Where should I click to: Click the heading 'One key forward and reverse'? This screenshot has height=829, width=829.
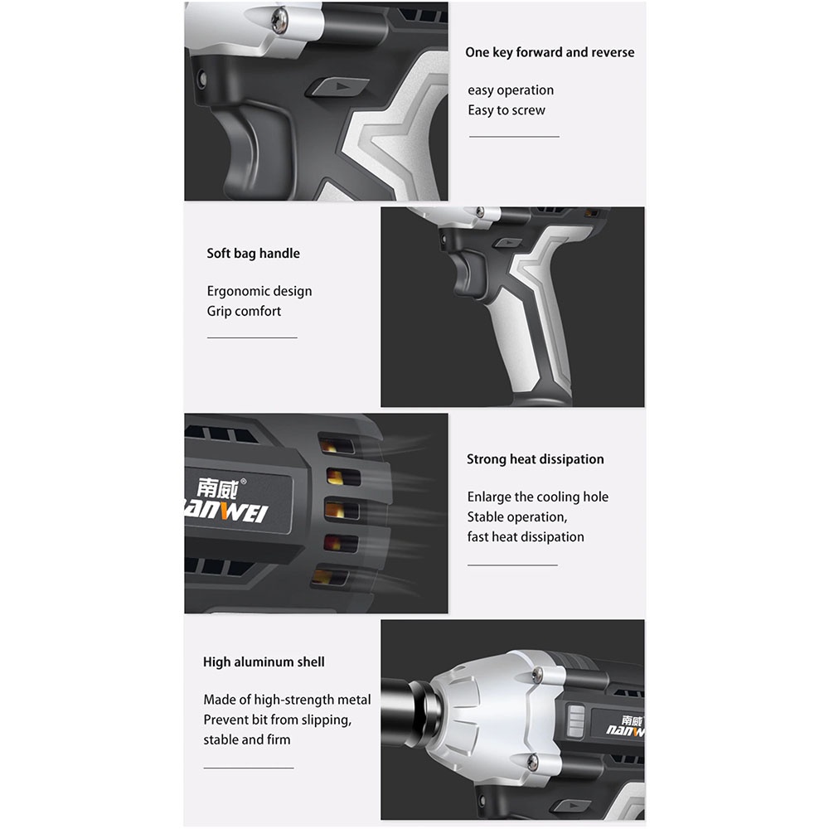550,52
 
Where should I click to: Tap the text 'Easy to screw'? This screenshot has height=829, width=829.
506,110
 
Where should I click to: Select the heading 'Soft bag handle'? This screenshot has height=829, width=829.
253,253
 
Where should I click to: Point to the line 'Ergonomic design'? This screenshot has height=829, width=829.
259,291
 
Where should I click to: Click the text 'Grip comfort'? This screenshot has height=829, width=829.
244,311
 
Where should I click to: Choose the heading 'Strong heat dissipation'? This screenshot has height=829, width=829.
535,459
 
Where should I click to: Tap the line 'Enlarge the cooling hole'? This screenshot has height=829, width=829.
538,497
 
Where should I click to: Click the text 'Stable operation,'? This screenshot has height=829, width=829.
517,516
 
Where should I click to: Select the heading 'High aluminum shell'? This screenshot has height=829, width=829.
264,662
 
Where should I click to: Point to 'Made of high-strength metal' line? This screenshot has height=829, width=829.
287,700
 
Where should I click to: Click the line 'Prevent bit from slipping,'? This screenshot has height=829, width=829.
278,720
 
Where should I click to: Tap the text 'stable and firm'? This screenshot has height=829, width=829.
247,739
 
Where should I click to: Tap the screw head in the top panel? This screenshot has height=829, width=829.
279,22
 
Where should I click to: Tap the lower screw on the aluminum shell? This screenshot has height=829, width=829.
532,762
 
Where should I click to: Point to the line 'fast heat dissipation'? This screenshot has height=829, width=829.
526,536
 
